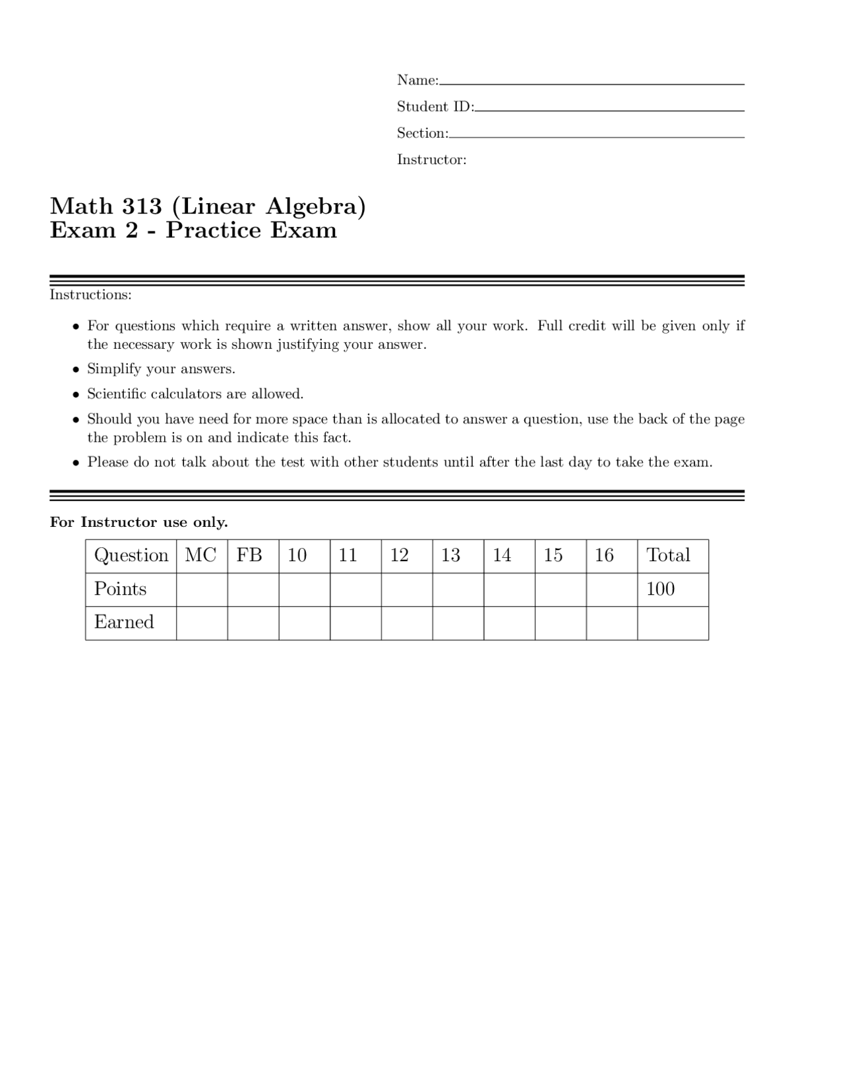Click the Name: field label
417,80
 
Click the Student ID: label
435,107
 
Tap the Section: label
422,133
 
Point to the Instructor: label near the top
431,160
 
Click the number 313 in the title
142,206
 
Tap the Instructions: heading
90,295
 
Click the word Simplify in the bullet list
114,369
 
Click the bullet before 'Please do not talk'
76,463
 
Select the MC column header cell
201,555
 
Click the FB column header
249,555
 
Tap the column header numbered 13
450,555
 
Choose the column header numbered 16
604,555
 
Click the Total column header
668,555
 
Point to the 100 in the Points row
660,589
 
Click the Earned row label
124,622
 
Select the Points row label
120,589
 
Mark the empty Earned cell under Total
673,622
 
